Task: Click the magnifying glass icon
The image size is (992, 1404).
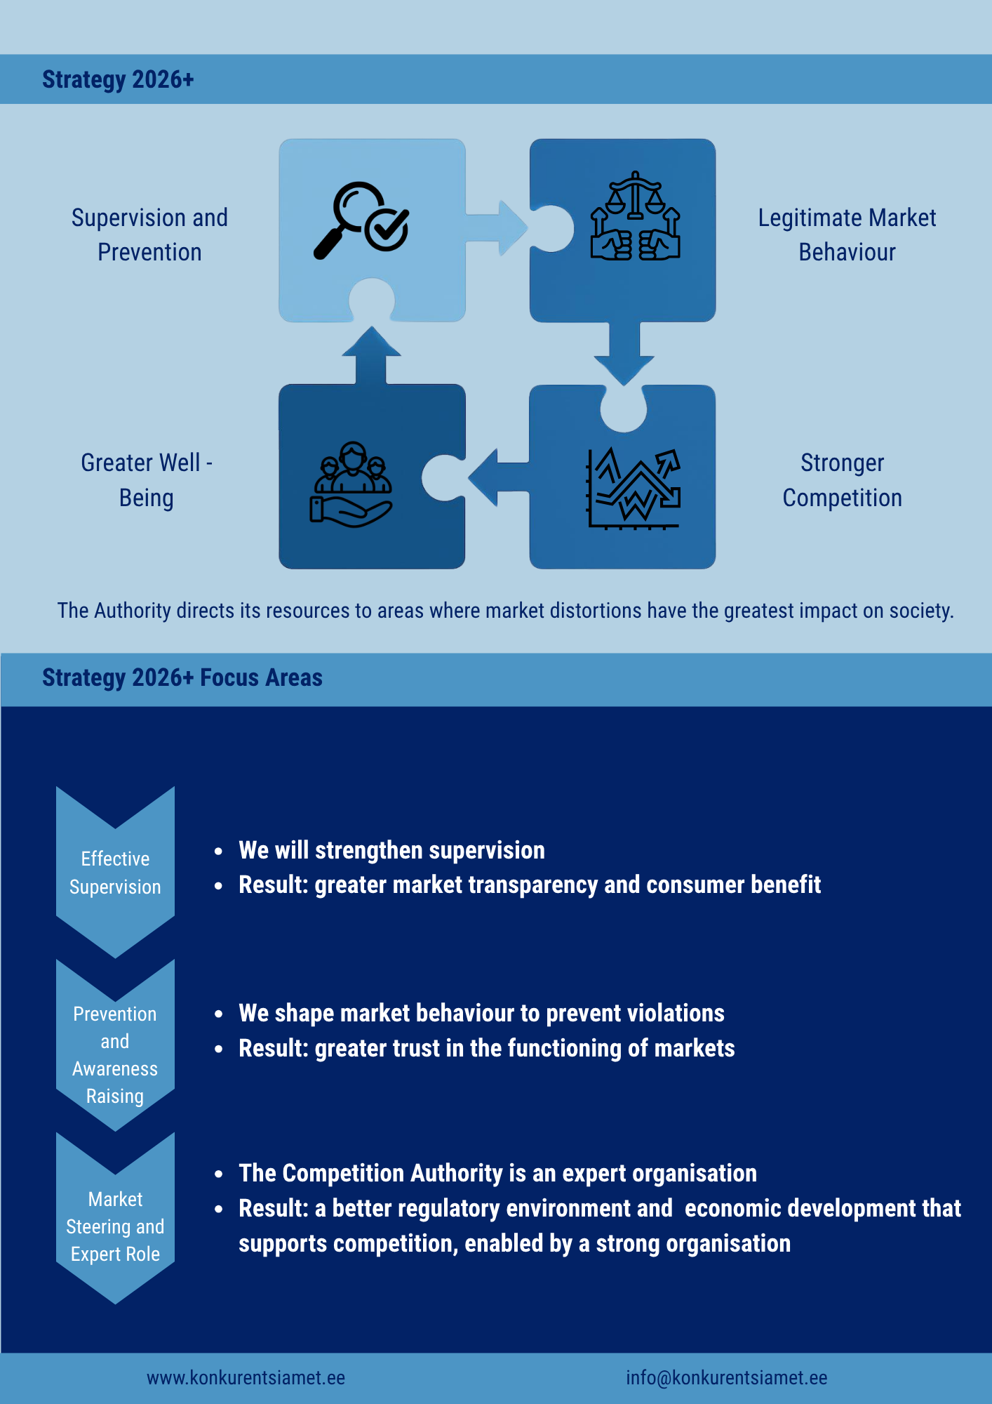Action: point(361,220)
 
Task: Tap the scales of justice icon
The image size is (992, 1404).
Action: point(635,216)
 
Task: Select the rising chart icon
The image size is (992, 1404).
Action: point(634,489)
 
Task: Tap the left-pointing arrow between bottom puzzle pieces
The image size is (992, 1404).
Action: point(499,477)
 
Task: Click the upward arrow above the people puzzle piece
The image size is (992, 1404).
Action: point(372,355)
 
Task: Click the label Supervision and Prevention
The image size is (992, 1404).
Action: point(149,234)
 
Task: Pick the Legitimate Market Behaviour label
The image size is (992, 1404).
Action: point(847,234)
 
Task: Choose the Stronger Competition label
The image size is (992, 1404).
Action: point(842,480)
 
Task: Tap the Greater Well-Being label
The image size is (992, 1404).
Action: point(147,480)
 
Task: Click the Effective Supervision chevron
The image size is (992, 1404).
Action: point(115,873)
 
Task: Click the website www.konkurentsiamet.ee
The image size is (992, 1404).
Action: point(246,1377)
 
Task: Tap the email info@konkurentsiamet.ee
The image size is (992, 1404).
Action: point(727,1377)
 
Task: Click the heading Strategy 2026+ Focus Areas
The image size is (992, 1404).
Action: point(182,677)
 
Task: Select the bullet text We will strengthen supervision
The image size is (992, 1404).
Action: point(391,850)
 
